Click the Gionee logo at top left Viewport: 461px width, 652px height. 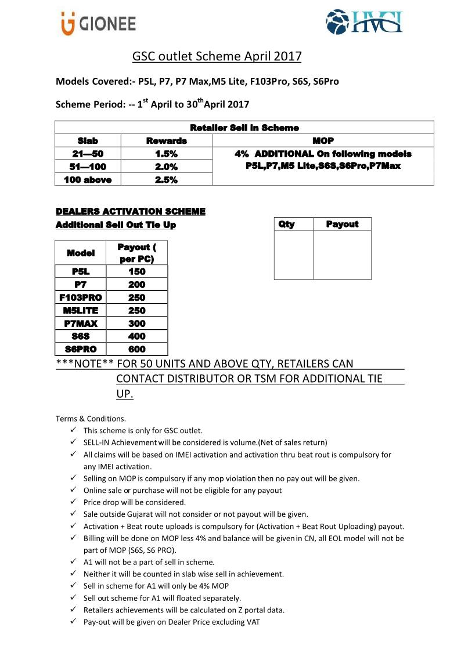pos(98,24)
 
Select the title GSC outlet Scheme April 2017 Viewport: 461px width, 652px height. pos(217,56)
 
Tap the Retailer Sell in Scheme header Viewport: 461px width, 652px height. pos(244,128)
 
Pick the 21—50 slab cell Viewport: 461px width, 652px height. pos(88,154)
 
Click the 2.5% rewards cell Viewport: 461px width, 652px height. pos(166,179)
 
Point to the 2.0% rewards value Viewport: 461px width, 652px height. pos(166,167)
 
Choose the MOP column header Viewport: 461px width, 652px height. pos(323,141)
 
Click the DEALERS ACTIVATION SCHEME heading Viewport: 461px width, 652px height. pos(131,211)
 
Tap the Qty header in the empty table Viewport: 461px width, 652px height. pos(286,224)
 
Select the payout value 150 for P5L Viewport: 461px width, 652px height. pos(136,271)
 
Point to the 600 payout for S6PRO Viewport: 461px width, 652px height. pos(136,349)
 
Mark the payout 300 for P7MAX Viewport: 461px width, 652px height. pos(136,323)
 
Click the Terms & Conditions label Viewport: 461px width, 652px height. pos(90,418)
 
